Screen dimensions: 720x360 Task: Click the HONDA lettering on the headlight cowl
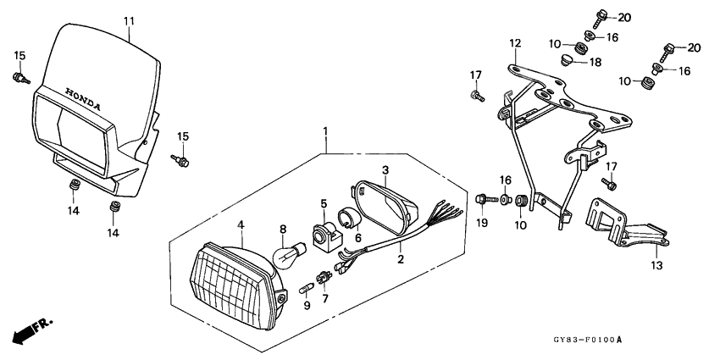tap(83, 99)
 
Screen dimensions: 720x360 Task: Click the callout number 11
tap(129, 21)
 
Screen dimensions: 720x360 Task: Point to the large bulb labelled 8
tap(290, 254)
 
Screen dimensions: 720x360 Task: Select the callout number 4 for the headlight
tap(241, 224)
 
